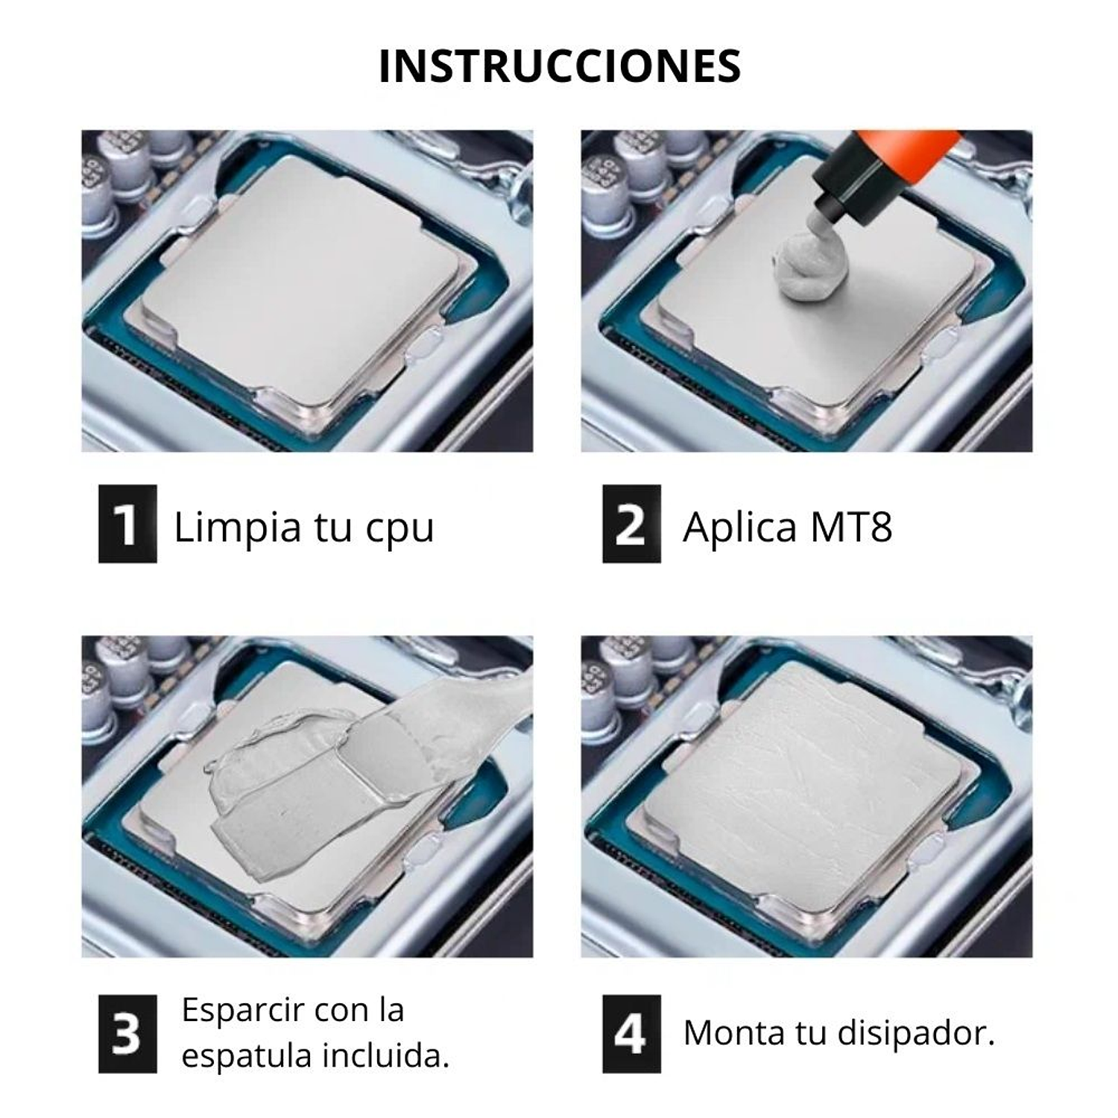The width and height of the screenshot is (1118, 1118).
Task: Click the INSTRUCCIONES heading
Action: (559, 66)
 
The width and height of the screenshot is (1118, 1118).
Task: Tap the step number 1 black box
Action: (127, 524)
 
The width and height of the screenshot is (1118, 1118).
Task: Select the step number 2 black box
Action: (631, 524)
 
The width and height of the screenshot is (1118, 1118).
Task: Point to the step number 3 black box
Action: (127, 1034)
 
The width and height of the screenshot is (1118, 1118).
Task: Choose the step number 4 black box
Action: (631, 1034)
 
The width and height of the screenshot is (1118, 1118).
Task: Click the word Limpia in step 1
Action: (237, 528)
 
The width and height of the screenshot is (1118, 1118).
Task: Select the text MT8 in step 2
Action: (850, 527)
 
